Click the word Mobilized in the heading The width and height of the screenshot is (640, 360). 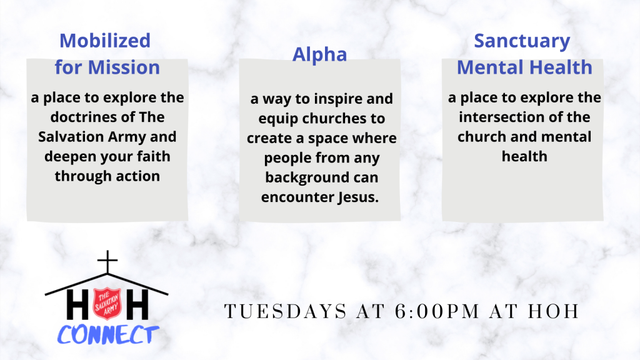pos(105,41)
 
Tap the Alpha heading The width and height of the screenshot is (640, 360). pos(319,55)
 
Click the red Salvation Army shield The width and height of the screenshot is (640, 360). pos(107,304)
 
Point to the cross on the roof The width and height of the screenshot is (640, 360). pos(107,262)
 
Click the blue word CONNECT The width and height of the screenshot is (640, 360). pos(107,335)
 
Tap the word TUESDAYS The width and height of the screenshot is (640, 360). pos(286,311)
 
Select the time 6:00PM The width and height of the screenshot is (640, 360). pos(437,311)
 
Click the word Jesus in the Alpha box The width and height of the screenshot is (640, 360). pos(358,197)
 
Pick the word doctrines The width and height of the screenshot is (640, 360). pos(79,117)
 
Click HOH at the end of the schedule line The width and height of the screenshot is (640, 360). pos(554,311)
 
